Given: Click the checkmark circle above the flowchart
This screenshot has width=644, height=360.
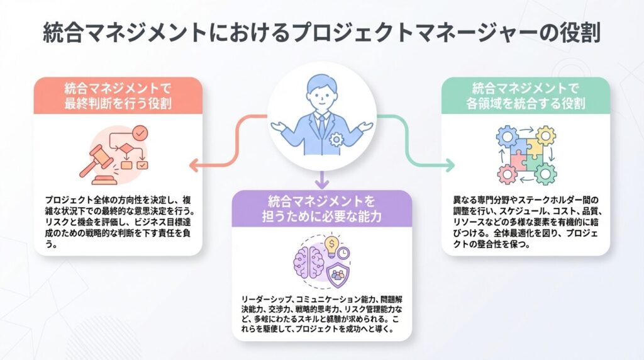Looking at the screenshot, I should pyautogui.click(x=141, y=133).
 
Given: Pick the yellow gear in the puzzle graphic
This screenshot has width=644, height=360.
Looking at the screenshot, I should pyautogui.click(x=545, y=135).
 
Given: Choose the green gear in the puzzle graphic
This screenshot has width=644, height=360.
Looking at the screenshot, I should pyautogui.click(x=545, y=172).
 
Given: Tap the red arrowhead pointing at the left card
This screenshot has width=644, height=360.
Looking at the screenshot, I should pyautogui.click(x=194, y=167).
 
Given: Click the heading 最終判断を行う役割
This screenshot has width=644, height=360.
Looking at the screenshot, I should pyautogui.click(x=118, y=103).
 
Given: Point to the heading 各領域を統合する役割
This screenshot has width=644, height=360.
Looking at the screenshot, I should pyautogui.click(x=525, y=103).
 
